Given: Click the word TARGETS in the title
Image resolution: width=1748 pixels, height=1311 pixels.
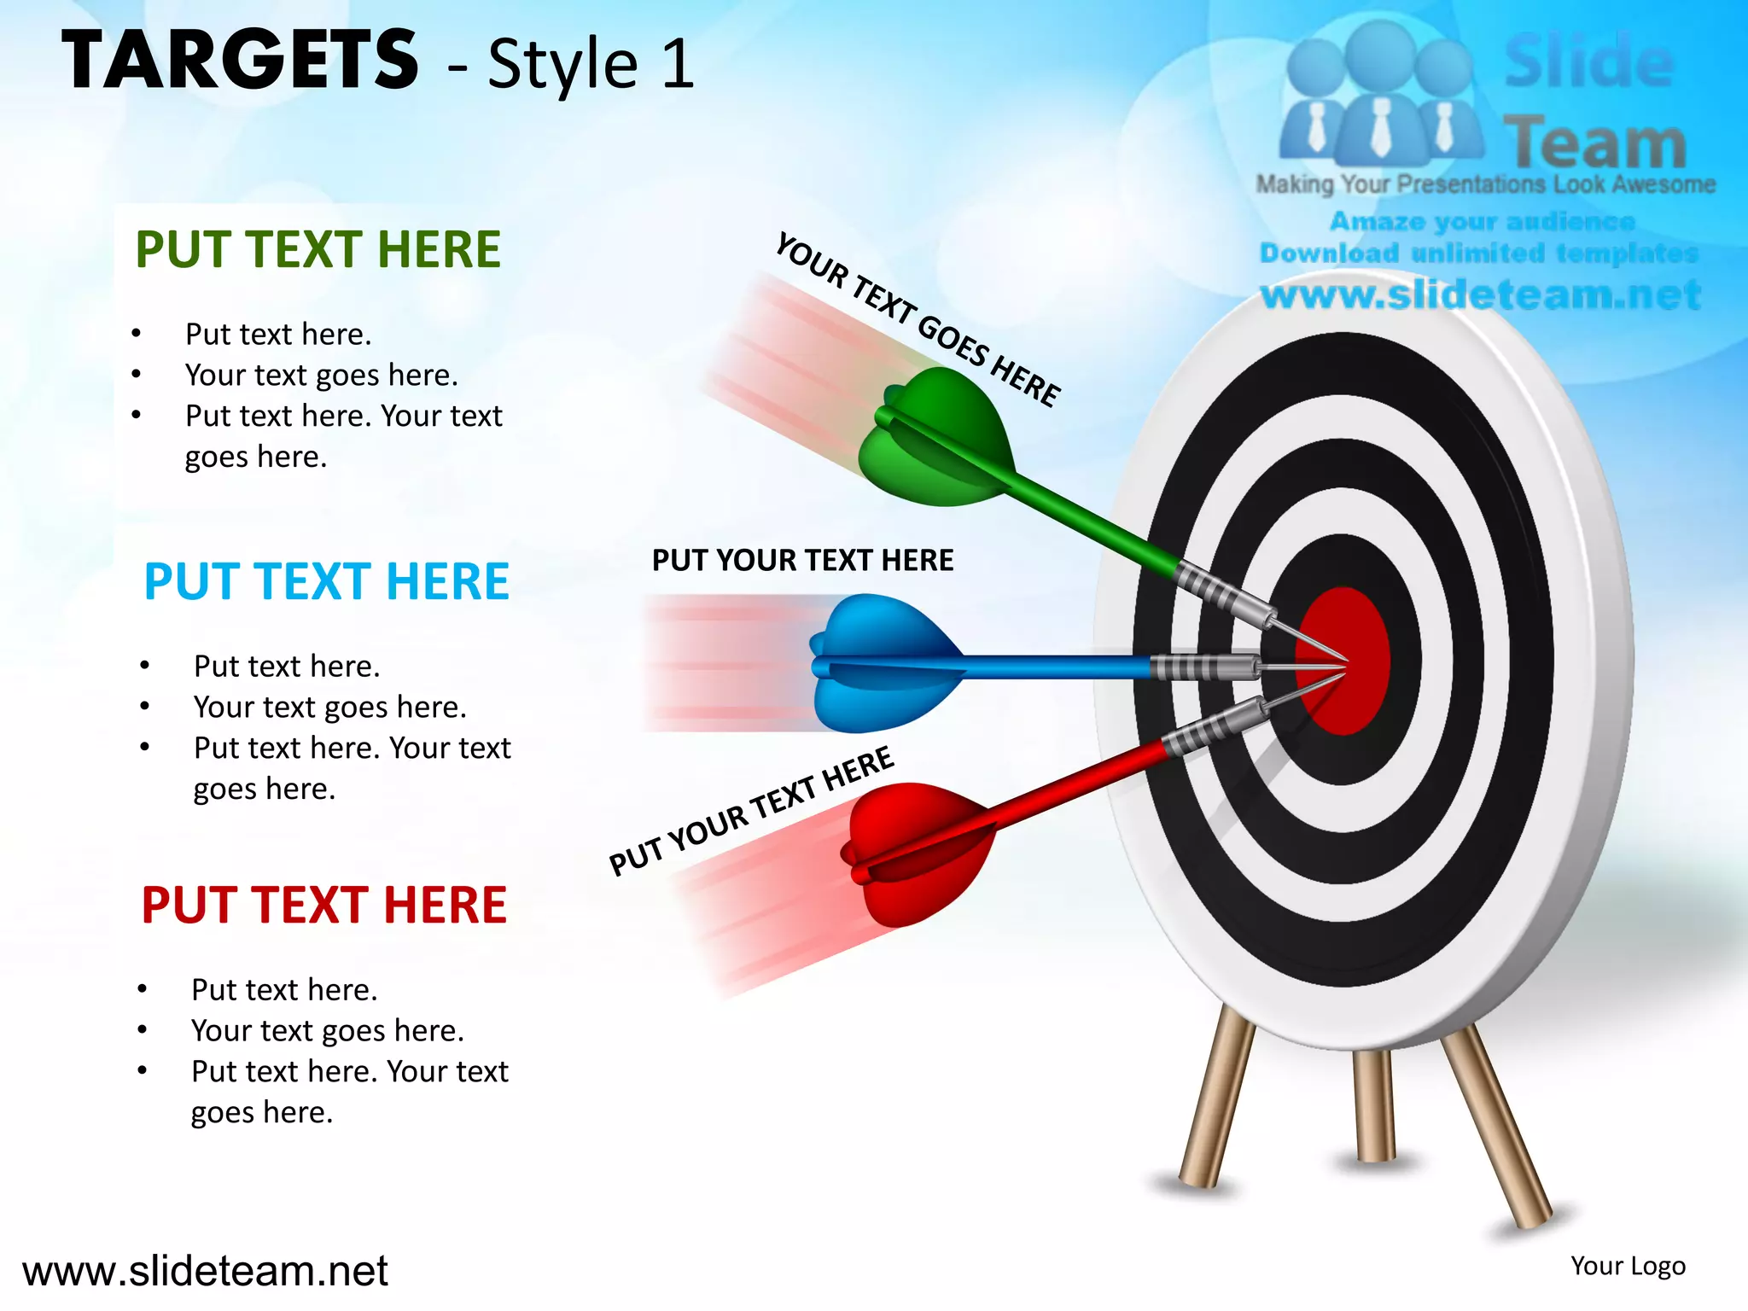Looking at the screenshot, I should (240, 60).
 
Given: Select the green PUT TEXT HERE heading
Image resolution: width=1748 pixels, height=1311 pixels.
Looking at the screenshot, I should (318, 249).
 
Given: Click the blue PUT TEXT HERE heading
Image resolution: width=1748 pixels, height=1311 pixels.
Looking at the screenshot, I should (326, 581).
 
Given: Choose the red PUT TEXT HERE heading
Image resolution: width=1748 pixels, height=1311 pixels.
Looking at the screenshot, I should (323, 905).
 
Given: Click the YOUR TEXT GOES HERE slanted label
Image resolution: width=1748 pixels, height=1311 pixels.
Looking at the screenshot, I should (918, 320).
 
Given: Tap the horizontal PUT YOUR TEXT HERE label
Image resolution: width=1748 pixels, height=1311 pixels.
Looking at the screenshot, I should (802, 560).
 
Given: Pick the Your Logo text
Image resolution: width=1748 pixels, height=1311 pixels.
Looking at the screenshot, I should (1628, 1266).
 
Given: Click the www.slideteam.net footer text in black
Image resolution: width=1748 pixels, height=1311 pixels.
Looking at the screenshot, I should (205, 1271).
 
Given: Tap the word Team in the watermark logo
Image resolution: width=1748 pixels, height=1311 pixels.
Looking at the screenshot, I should (1594, 143).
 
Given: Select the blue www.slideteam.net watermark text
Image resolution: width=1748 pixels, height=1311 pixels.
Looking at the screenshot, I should (1481, 295).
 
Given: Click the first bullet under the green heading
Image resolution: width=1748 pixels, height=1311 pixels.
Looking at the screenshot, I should (278, 334).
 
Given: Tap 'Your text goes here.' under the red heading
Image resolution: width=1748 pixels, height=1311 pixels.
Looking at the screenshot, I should (328, 1030).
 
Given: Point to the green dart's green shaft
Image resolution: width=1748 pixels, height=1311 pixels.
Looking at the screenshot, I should (1092, 523).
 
